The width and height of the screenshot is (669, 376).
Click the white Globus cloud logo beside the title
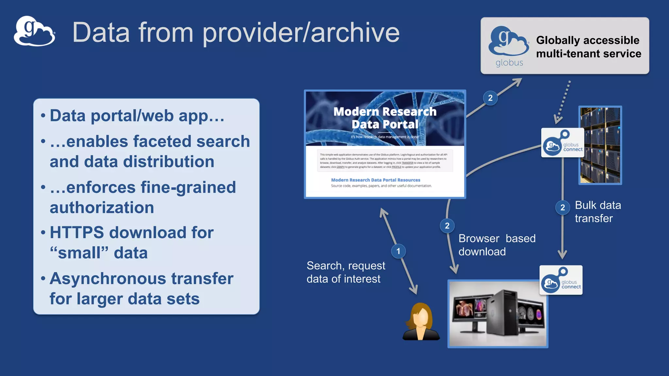34,31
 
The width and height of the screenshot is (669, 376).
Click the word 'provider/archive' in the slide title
301,33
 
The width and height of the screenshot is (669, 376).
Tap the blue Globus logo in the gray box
509,42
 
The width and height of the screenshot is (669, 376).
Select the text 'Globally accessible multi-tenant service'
588,47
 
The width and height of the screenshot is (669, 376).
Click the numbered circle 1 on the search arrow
398,251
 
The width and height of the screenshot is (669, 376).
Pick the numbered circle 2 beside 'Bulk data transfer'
563,207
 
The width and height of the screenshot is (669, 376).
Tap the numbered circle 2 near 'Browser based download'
447,226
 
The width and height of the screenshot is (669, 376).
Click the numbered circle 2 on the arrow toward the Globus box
490,98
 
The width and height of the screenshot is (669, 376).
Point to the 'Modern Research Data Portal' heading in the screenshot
385,118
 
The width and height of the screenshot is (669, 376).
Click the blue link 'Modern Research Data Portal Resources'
375,180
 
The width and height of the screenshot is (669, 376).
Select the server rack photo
600,145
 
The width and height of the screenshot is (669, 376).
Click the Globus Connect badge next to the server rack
562,143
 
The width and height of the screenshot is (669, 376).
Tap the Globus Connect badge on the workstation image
561,280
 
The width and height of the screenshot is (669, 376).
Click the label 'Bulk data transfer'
597,211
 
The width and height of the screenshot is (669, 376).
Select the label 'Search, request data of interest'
346,272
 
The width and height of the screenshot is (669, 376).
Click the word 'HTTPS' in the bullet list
77,233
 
